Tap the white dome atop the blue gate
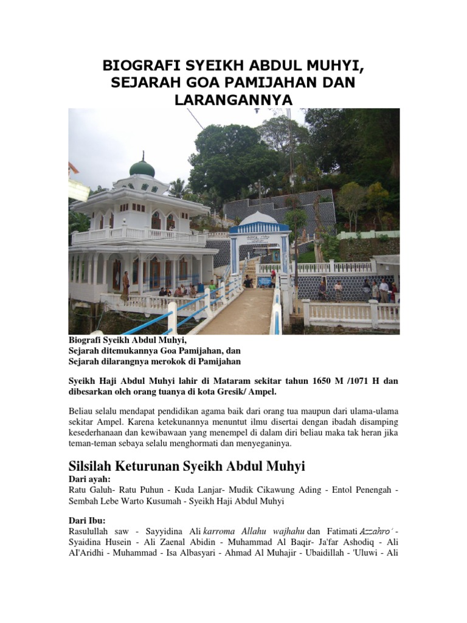259,218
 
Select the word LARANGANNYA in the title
233,99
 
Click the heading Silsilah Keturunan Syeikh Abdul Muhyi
185,466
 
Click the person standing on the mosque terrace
125,285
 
